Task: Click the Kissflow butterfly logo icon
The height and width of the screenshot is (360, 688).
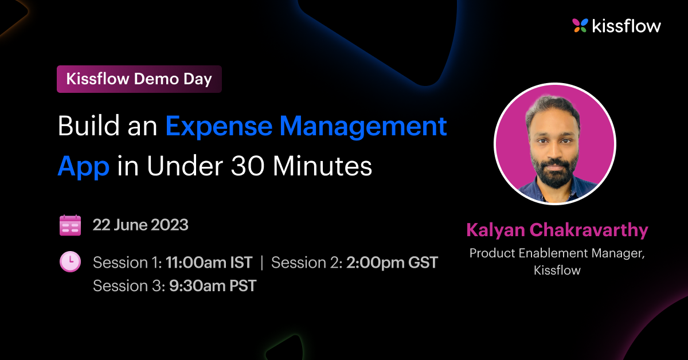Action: coord(580,25)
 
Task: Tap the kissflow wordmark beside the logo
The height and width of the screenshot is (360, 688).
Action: coord(627,25)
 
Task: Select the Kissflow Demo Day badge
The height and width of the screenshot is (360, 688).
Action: coord(139,79)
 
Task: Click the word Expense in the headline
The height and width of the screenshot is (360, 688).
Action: coord(218,126)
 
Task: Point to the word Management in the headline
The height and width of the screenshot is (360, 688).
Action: coord(363,127)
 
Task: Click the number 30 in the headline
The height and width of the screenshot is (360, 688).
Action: coord(248,166)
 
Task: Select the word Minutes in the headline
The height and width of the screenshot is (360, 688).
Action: coord(322,166)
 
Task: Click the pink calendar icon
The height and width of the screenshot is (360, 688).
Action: coord(71,225)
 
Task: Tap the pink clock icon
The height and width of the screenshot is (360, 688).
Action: coord(71,262)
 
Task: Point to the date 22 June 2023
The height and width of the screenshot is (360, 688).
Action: coord(140,225)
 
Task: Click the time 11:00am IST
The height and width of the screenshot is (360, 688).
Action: coord(209,263)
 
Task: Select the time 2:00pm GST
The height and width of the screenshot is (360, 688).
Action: coord(392,263)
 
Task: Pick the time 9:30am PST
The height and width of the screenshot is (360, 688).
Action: coord(213,285)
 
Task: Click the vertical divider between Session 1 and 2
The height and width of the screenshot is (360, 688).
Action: coord(261,263)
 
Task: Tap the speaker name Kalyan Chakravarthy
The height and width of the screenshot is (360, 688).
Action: coord(557,230)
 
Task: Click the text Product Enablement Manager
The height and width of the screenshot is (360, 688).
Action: coord(557,253)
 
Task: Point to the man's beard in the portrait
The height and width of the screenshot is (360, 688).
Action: coord(554,172)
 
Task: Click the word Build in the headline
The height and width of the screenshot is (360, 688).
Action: coord(88,126)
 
